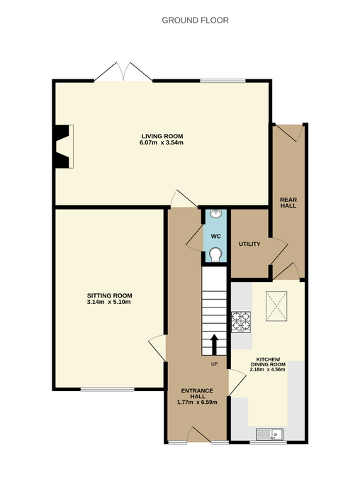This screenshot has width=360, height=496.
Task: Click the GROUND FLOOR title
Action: coord(195,21)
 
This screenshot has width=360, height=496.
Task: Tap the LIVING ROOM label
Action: coord(162,136)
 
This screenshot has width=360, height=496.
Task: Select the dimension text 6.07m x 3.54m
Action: coord(162,142)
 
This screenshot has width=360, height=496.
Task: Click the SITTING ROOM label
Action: coord(109,295)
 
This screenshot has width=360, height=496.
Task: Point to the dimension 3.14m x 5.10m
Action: coord(109,302)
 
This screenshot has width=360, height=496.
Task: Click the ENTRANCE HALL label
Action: coord(197,393)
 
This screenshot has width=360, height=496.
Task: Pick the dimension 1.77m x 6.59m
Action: coord(197,402)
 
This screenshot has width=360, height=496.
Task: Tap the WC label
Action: coord(215,237)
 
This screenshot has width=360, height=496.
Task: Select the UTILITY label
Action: coord(249,244)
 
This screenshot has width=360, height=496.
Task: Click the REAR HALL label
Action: coord(288,203)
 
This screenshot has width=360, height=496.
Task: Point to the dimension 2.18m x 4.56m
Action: coord(268,369)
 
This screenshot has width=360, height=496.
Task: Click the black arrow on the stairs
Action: coord(214,344)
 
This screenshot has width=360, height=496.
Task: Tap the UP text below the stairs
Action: coord(214,364)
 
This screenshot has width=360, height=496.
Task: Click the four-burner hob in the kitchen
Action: coord(241,322)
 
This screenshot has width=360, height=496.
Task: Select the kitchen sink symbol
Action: coord(269,434)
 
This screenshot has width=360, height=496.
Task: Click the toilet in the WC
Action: coord(215,254)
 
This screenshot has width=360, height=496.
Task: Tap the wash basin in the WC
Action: coord(215,214)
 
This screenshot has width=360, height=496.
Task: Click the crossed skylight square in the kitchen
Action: coord(276,306)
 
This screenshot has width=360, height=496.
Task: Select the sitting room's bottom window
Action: coord(108,389)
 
